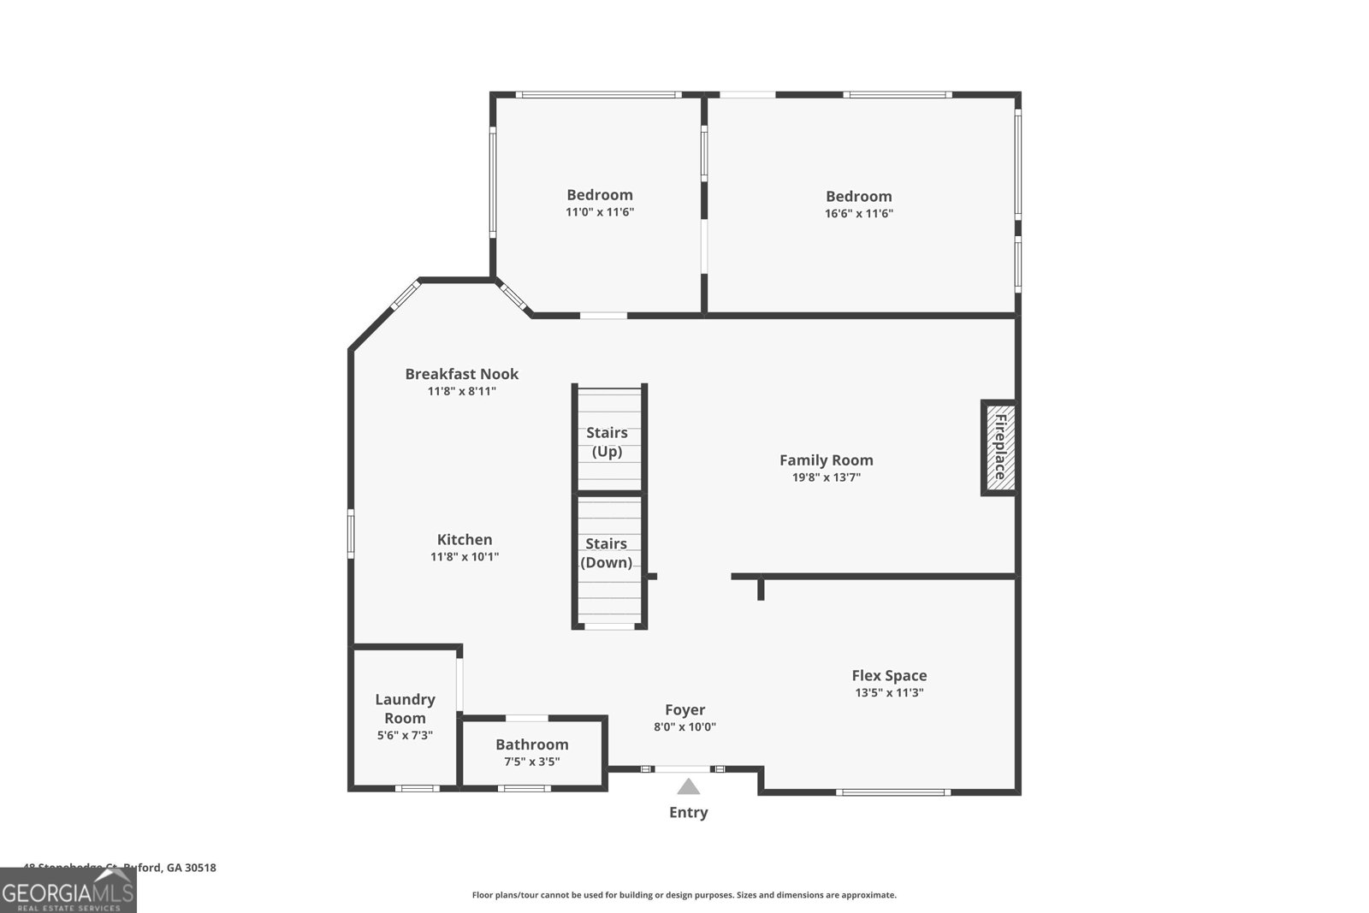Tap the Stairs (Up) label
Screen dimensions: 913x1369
coord(607,442)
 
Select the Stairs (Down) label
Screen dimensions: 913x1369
coord(606,553)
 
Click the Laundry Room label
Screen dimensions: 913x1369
coord(405,708)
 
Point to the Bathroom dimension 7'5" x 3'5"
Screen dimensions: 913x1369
coord(532,762)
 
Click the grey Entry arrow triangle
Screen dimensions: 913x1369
coord(688,786)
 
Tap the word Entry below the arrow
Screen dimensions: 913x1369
coord(688,812)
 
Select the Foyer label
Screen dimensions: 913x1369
coord(685,709)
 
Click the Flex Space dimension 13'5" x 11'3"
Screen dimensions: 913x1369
coord(889,693)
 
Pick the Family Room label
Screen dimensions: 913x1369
coord(826,459)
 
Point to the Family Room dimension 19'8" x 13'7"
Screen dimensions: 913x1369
coord(826,477)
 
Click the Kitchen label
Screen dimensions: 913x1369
coord(465,539)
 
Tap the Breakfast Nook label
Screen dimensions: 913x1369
coord(461,374)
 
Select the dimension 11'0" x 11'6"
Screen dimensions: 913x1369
coord(600,212)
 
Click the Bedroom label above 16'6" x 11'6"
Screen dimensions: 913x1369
coord(858,196)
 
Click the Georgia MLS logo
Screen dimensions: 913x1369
coord(68,891)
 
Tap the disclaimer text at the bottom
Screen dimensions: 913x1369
coord(684,895)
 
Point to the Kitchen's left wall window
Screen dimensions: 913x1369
coord(351,534)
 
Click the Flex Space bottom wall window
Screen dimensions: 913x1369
coord(892,792)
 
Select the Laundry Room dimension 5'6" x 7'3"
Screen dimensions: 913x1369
coord(405,735)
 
